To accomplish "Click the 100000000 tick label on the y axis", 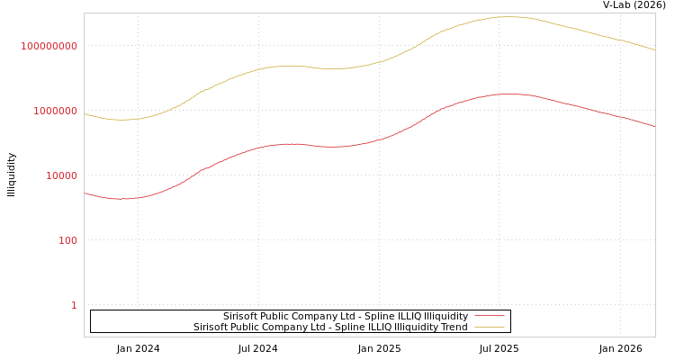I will tap(49, 46).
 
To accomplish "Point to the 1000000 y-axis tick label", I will tap(49, 111).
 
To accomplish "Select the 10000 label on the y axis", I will tap(61, 175).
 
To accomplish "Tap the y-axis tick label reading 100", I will tap(67, 240).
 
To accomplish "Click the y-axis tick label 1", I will tap(74, 305).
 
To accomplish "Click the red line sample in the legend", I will tap(489, 316).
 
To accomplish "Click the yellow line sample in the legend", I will tap(489, 327).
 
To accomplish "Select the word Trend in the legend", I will tap(453, 327).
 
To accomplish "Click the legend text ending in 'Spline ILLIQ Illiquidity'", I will tap(346, 316).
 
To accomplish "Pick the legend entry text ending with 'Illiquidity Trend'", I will tap(330, 327).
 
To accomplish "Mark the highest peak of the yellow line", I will tap(508, 16).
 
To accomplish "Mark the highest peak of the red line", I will tap(508, 94).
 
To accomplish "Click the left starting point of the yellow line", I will tap(85, 113).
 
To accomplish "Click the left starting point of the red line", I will tap(85, 193).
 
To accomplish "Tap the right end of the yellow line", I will tap(654, 49).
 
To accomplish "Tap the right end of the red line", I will tap(654, 127).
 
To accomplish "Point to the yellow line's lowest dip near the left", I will tap(121, 120).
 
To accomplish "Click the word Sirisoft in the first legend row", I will tap(242, 316).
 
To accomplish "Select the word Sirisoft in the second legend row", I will tap(212, 327).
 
